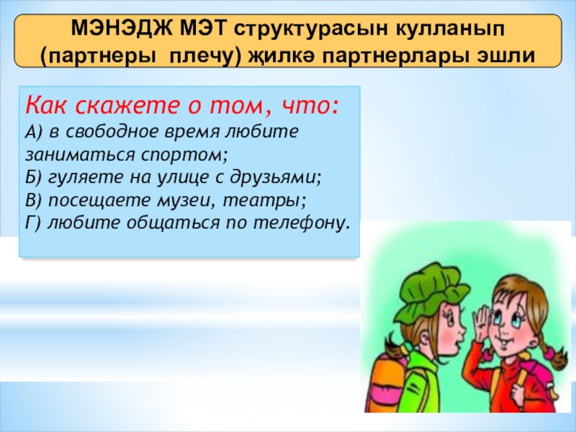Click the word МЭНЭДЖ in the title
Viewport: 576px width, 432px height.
tap(122, 29)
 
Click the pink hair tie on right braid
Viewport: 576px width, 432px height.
tap(550, 354)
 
